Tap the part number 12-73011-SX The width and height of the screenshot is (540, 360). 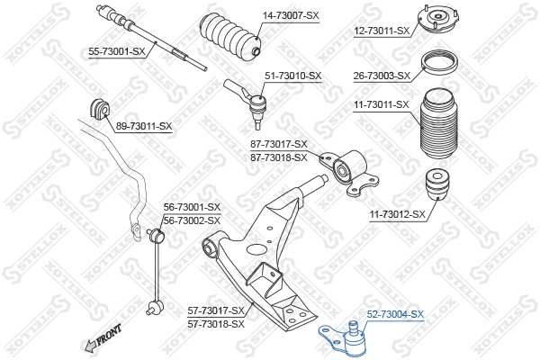(x=382, y=31)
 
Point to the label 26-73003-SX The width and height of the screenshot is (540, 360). (x=382, y=76)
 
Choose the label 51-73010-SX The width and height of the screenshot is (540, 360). (x=292, y=76)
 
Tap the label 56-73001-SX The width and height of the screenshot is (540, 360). (x=192, y=207)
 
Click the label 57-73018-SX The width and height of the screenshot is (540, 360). (x=216, y=323)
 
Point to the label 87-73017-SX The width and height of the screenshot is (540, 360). (x=278, y=144)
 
